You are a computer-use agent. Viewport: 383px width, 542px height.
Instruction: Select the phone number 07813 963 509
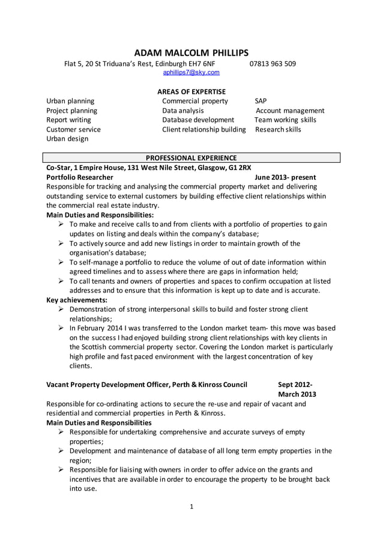tap(272, 64)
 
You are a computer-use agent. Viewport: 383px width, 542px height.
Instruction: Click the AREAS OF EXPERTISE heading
tap(191, 91)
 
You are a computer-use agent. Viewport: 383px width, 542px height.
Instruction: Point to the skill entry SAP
tap(261, 101)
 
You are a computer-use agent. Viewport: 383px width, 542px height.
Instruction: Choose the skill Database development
tap(198, 120)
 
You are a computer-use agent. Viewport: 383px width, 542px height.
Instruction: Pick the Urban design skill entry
tap(67, 138)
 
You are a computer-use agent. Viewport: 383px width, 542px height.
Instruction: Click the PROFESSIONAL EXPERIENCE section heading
tap(191, 158)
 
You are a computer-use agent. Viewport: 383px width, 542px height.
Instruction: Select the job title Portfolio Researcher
tap(80, 178)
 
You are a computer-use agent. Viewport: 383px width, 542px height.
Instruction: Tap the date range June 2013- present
tap(285, 178)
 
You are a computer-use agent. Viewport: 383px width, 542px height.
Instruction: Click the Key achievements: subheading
tap(77, 299)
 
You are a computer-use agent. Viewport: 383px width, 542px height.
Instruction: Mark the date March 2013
tap(297, 394)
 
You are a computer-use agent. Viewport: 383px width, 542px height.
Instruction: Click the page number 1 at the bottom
tap(191, 507)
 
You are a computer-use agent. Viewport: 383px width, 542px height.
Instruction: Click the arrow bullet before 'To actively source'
tap(61, 243)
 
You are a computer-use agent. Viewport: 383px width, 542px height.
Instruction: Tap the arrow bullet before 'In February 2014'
tap(61, 328)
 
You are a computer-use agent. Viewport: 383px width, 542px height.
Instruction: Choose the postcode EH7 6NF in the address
tap(201, 64)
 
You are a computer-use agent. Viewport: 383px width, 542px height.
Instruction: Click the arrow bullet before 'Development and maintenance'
tap(61, 451)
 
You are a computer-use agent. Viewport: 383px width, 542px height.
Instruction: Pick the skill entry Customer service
tap(73, 129)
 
